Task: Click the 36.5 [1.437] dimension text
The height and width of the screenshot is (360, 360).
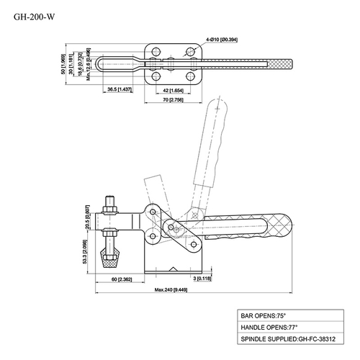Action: [122, 89]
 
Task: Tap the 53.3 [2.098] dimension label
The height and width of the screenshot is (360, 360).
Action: [87, 253]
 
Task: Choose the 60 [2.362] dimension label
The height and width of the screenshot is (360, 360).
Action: [124, 278]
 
